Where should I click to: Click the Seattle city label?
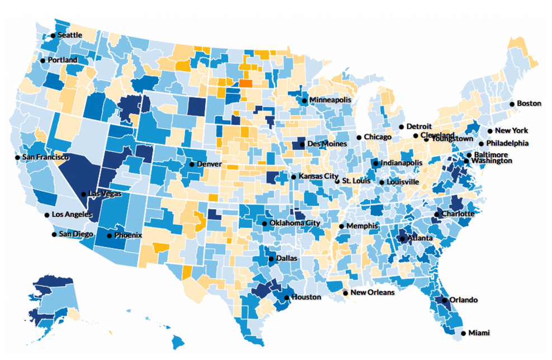pos(70,35)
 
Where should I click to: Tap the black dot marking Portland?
pos(43,60)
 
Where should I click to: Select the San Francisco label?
pos(45,158)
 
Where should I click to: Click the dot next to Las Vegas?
pos(83,195)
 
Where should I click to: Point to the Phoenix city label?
pos(128,235)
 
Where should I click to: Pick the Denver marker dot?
pos(192,164)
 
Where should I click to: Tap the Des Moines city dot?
pos(302,144)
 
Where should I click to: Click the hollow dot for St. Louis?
pos(337,181)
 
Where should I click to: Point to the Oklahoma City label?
pos(295,223)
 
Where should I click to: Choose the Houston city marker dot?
pos(286,297)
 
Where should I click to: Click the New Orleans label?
pos(372,292)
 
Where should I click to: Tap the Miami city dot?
pos(463,333)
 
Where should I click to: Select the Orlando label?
pos(464,300)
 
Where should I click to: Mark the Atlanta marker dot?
pos(402,239)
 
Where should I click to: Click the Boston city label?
pos(529,103)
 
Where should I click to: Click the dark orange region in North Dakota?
pos(246,84)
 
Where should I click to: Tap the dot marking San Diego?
pos(54,234)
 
